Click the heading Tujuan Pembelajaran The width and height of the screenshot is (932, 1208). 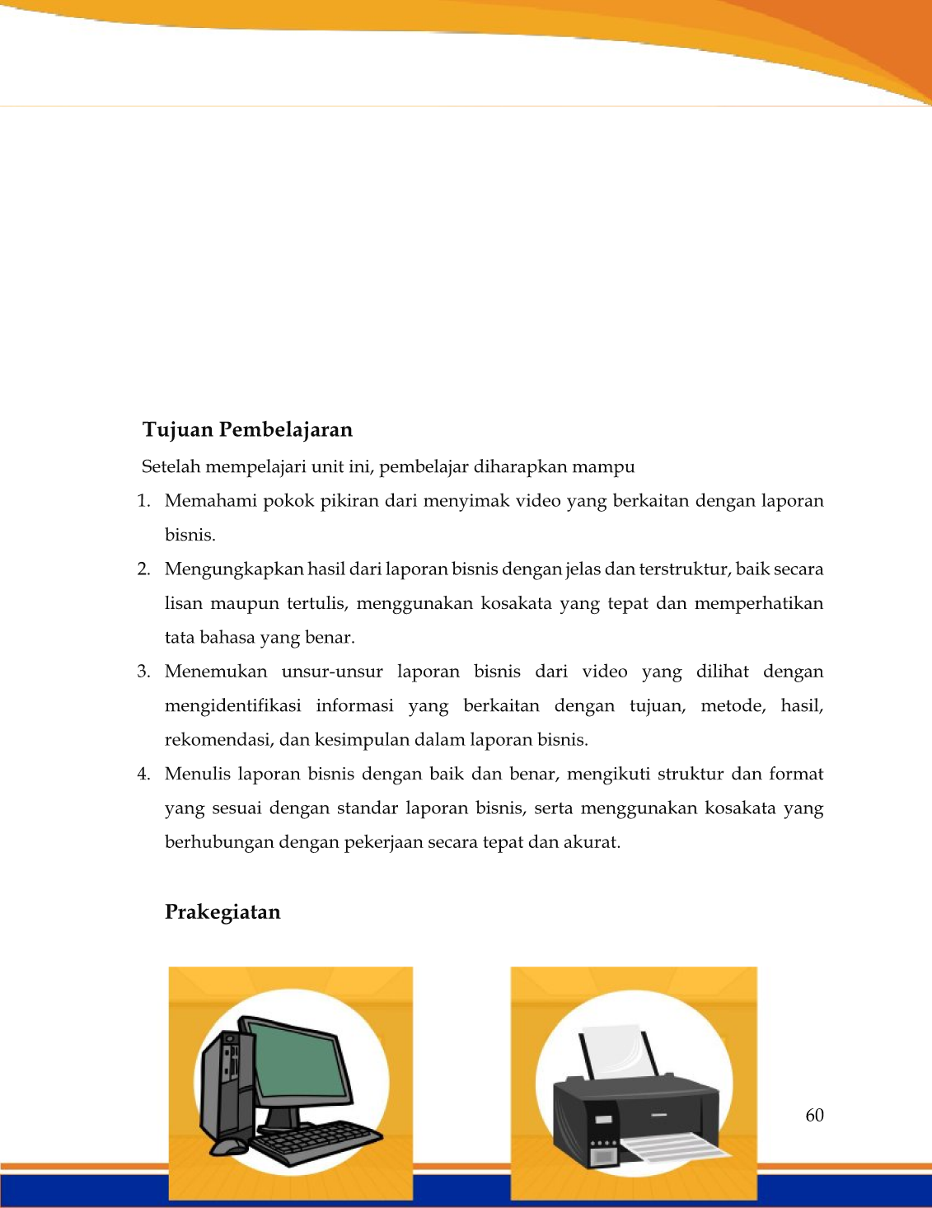coord(247,430)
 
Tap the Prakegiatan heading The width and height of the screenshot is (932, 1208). coord(222,912)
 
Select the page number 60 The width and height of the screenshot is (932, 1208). coord(814,1116)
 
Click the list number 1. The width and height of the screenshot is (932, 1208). coord(143,501)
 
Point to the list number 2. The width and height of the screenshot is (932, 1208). coord(143,569)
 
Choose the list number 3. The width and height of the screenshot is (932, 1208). coord(143,672)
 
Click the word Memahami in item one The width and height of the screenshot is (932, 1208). coord(209,501)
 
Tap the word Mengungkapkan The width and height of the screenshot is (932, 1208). coord(233,569)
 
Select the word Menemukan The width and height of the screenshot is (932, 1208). coord(215,672)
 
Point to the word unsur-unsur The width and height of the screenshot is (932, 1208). coord(332,672)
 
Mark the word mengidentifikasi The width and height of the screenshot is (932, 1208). coord(232,706)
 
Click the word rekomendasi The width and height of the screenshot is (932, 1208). coord(218,740)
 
